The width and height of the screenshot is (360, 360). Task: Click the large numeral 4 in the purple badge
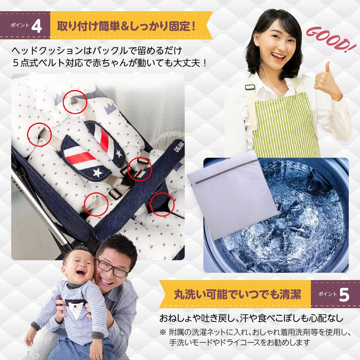click(36, 27)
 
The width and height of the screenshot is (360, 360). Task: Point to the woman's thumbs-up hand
click(327, 81)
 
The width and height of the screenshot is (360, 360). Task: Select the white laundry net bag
click(232, 197)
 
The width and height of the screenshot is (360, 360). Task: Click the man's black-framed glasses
click(112, 268)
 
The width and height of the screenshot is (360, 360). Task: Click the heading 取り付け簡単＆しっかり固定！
click(127, 26)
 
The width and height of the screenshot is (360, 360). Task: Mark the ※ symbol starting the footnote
click(162, 332)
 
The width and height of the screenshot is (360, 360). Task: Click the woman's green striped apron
click(285, 127)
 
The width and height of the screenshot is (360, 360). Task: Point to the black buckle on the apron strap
click(250, 86)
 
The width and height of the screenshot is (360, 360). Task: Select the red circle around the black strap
click(162, 204)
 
